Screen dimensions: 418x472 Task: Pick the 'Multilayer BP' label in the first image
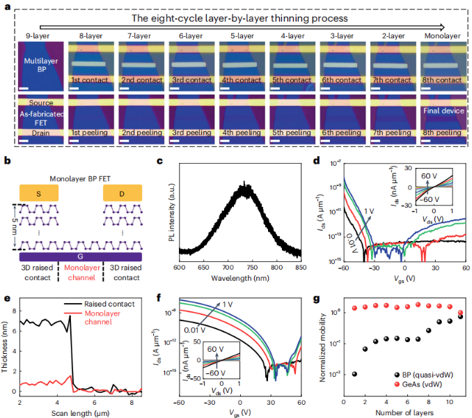[x=40, y=65]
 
